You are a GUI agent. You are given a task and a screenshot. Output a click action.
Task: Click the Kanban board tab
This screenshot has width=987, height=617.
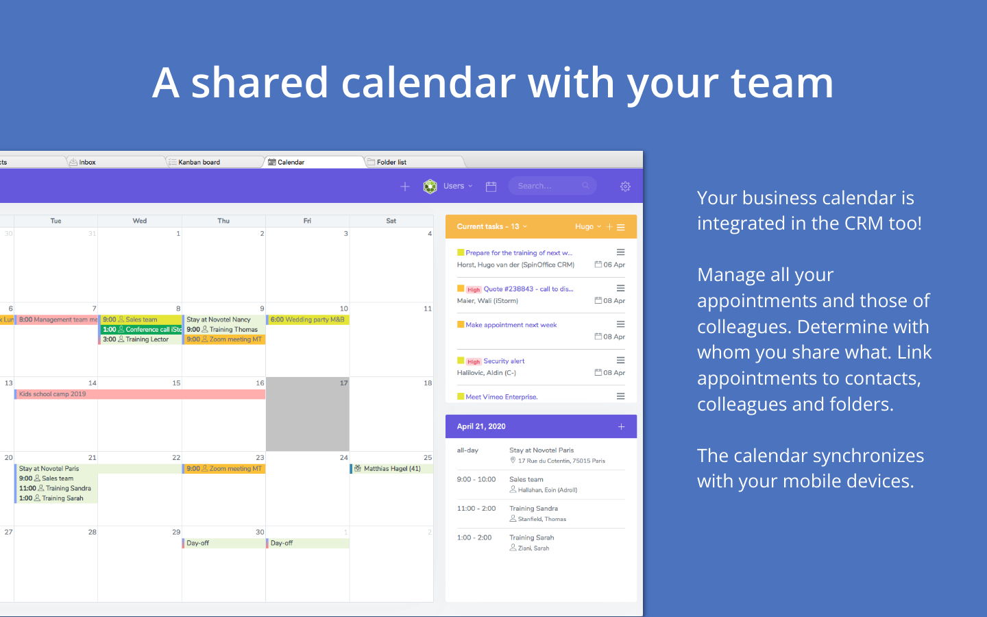(x=199, y=162)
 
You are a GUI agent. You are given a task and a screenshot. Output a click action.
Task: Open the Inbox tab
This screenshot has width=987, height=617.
(x=87, y=162)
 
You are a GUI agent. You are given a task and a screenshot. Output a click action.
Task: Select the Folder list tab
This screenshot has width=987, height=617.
(x=391, y=162)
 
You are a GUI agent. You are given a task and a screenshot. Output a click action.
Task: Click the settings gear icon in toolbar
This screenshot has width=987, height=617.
(x=625, y=186)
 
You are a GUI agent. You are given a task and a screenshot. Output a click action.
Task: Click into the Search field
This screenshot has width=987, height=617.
(x=548, y=186)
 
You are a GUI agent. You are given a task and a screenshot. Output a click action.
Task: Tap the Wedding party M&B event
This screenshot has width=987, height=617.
(x=308, y=319)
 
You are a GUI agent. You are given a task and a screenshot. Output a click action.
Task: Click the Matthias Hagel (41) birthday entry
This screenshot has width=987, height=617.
(x=391, y=469)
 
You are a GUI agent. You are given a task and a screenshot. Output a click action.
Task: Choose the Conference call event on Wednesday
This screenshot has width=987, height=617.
(x=141, y=330)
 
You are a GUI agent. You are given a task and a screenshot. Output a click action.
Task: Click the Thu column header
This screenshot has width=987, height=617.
(x=223, y=221)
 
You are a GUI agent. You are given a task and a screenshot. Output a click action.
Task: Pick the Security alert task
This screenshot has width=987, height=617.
(x=504, y=361)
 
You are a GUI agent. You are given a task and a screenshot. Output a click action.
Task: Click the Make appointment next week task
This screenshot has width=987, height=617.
(x=511, y=325)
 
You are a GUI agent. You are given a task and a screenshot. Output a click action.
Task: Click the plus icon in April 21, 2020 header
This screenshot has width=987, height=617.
(x=621, y=426)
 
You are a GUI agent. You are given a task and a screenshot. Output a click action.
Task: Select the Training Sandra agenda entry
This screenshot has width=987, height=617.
(x=533, y=509)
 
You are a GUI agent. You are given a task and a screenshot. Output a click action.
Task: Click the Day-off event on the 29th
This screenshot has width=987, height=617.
(x=198, y=543)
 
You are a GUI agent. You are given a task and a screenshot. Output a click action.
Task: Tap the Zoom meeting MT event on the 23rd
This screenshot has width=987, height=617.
(x=225, y=469)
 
